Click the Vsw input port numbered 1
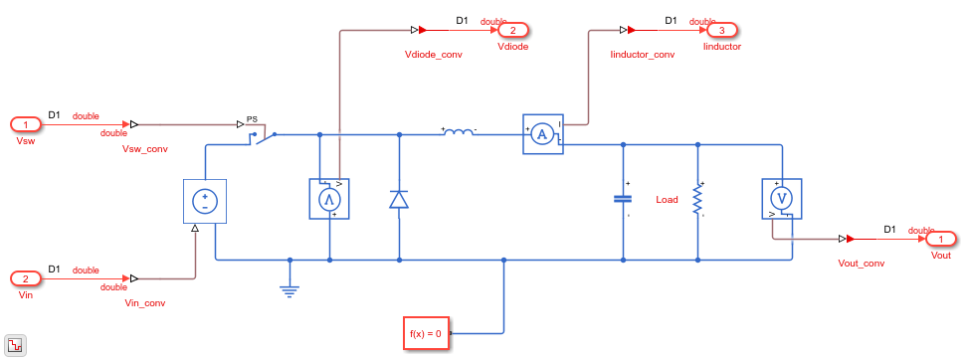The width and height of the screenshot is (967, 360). point(26,125)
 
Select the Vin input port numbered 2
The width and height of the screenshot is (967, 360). point(26,279)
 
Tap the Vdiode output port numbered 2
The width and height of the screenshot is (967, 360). point(513,30)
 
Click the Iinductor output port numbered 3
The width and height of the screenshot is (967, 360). point(721,30)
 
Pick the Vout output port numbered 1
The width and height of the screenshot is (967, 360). point(940,239)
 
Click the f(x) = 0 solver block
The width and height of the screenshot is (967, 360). point(426,333)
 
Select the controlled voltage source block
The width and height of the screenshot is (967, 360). point(205,201)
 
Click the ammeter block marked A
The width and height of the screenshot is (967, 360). point(543,134)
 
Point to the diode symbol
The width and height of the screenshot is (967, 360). point(399,200)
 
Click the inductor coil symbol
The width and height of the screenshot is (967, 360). point(459,131)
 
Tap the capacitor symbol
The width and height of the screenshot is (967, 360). point(623,199)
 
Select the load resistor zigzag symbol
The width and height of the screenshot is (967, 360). point(697,199)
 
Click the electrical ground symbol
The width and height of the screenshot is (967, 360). point(290,289)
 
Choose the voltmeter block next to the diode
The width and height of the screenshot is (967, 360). point(329,199)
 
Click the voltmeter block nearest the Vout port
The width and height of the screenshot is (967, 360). point(782,199)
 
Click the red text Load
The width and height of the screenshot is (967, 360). point(667,200)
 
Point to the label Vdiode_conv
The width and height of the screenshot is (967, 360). point(433,55)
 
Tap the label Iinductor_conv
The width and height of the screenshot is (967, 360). point(642,55)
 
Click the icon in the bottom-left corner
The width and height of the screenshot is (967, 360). point(14,345)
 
